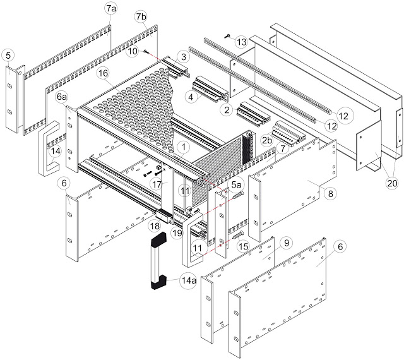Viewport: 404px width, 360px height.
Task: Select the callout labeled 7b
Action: pyautogui.click(x=141, y=15)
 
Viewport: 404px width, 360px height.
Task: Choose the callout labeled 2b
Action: pyautogui.click(x=268, y=140)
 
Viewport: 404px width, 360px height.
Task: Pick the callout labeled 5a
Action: pyautogui.click(x=235, y=184)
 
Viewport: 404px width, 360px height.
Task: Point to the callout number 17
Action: pyautogui.click(x=157, y=184)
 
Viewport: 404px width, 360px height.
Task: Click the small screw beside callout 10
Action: pyautogui.click(x=146, y=51)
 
